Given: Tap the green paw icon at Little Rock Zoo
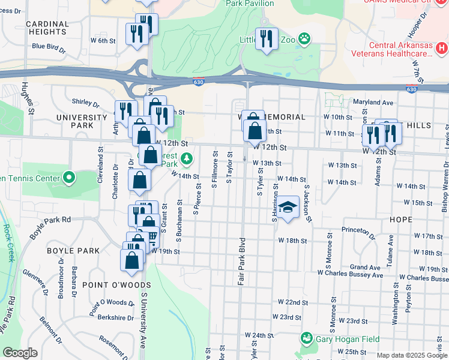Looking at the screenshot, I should click(306, 39).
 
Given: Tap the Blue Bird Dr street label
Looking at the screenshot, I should click(47, 46).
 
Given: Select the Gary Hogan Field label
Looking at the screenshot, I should click(348, 339).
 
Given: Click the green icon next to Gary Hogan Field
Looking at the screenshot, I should click(307, 339).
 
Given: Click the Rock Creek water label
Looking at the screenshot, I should click(8, 238).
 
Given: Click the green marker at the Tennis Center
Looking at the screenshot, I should click(69, 178).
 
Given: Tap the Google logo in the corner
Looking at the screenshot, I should click(20, 353).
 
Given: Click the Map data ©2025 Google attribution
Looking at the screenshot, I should click(412, 355).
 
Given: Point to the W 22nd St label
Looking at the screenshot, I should click(293, 302).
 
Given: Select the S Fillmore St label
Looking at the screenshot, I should click(214, 170).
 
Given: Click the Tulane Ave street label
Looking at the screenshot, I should click(391, 245).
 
